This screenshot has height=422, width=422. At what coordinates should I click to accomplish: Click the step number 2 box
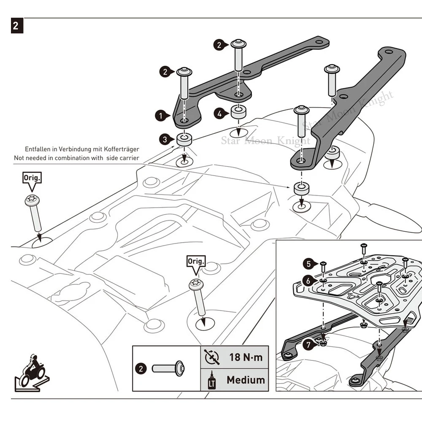[x=17, y=26]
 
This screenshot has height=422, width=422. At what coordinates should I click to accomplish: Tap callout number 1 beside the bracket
[x=161, y=116]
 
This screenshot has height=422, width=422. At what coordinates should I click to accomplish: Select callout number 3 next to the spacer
[x=165, y=139]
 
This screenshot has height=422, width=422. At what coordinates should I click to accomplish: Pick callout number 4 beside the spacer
[x=219, y=114]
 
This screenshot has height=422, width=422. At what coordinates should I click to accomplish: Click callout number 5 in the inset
[x=309, y=264]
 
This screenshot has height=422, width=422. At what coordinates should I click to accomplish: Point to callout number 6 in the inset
[x=308, y=281]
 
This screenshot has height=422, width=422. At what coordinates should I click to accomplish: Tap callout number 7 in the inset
[x=308, y=345]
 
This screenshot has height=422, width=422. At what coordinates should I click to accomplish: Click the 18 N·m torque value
[x=246, y=357]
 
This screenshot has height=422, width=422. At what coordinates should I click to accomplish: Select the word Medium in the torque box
[x=246, y=380]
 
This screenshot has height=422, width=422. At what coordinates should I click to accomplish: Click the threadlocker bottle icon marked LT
[x=212, y=380]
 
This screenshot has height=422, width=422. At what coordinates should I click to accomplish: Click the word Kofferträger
[x=122, y=149]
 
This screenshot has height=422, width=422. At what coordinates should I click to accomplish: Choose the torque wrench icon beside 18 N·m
[x=212, y=357]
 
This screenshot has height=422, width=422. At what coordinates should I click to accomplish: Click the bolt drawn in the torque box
[x=168, y=368]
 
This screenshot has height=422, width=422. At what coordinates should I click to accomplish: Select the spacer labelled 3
[x=184, y=139]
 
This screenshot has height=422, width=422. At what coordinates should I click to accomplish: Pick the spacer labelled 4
[x=238, y=112]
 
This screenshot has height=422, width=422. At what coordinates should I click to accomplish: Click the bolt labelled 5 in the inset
[x=323, y=267]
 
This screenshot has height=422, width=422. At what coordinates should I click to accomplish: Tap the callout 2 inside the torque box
[x=141, y=368]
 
